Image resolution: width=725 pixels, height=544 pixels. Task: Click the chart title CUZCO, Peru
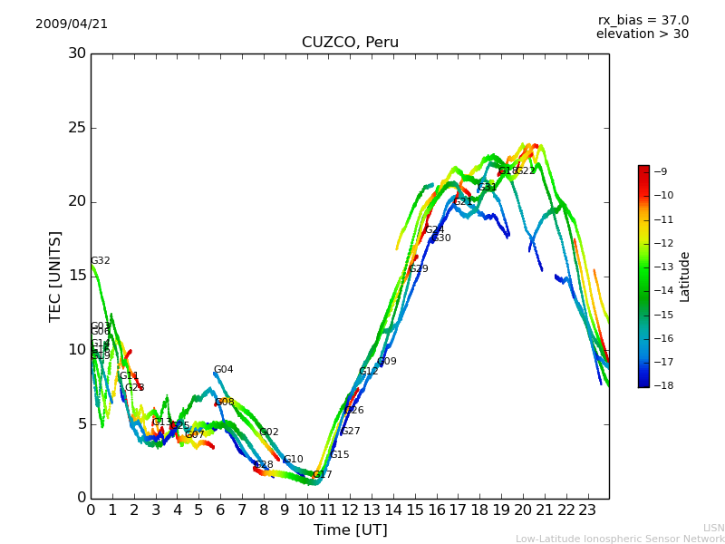350,43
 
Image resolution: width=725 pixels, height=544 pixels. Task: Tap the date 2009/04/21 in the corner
72,24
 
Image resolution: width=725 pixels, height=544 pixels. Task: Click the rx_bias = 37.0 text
643,21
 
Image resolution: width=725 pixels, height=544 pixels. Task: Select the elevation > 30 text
642,34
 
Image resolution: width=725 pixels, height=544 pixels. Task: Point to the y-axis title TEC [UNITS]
55,276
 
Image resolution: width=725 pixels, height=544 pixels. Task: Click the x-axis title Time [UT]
350,530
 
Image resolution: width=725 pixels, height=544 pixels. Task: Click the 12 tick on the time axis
350,510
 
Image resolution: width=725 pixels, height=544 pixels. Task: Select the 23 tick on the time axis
587,510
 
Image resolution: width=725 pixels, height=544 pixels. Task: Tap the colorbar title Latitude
685,277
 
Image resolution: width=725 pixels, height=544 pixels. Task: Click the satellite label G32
100,261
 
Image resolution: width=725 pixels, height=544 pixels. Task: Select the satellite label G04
223,370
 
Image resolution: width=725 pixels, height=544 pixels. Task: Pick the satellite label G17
322,475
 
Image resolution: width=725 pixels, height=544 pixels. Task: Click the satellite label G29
418,269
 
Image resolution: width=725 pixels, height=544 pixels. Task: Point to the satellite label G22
526,171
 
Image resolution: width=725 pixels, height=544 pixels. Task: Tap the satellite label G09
387,362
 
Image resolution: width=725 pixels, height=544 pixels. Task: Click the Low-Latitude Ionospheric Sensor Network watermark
620,539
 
